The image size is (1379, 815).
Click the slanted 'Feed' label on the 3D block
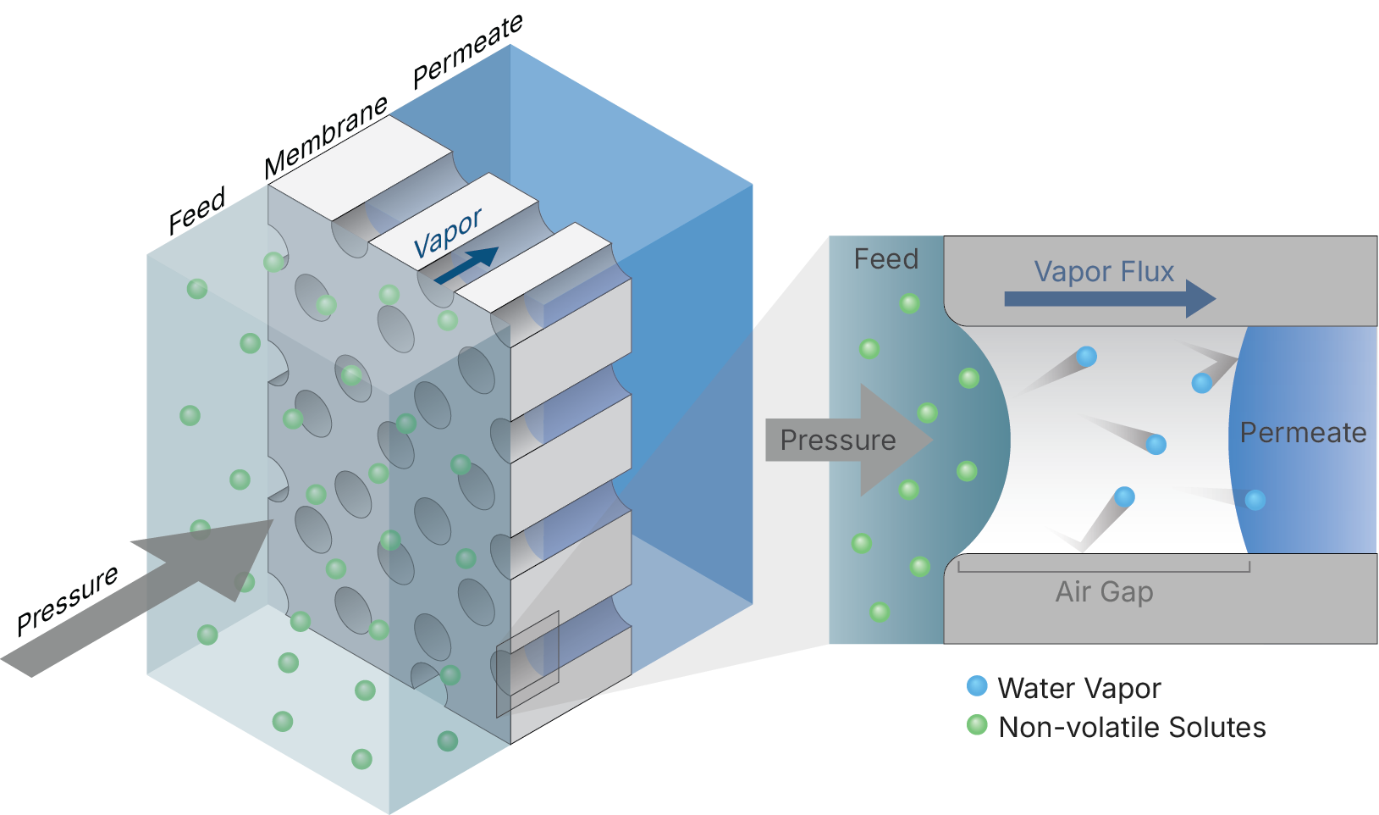[196, 211]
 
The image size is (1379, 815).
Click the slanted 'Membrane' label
[326, 137]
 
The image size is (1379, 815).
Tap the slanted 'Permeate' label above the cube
[467, 52]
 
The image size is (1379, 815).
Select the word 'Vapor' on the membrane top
[447, 233]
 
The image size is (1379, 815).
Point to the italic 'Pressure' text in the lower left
[68, 600]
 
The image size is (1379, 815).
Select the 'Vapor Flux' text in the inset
[1104, 272]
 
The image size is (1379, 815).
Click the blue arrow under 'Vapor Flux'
[1109, 298]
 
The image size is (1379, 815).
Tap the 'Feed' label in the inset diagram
[885, 259]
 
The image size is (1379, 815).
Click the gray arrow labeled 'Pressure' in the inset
[847, 441]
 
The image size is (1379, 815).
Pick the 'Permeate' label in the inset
[1303, 433]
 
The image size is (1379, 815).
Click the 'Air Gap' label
[1104, 591]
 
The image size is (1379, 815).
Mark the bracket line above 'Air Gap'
[1104, 571]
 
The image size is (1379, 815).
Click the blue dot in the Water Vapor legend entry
[977, 686]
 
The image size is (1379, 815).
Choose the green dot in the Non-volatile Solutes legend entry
[977, 725]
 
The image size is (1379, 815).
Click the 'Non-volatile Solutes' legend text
[1132, 727]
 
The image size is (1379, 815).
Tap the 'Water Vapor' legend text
[1078, 688]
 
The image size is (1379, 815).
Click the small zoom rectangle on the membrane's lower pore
[527, 664]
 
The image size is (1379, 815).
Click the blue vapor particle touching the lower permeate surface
[1255, 500]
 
